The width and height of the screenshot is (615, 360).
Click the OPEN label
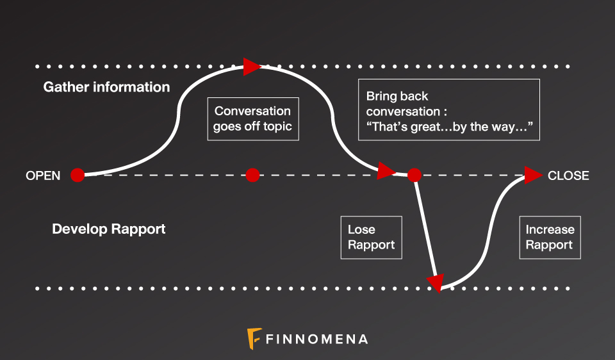pyautogui.click(x=43, y=176)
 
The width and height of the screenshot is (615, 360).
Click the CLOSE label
pyautogui.click(x=568, y=176)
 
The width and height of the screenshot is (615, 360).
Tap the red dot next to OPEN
pyautogui.click(x=78, y=175)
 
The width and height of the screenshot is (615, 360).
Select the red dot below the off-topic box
pyautogui.click(x=252, y=175)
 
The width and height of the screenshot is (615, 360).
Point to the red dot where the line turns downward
pyautogui.click(x=414, y=174)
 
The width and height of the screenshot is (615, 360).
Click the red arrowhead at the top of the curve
pyautogui.click(x=251, y=66)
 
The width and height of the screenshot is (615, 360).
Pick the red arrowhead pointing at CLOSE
pyautogui.click(x=533, y=175)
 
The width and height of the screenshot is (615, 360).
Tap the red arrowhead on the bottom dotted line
pyautogui.click(x=436, y=282)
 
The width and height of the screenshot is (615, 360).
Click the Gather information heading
pyautogui.click(x=106, y=87)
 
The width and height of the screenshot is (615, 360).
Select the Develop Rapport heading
pyautogui.click(x=109, y=229)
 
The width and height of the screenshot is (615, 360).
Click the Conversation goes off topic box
pyautogui.click(x=252, y=119)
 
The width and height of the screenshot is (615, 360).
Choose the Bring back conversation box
pyautogui.click(x=448, y=110)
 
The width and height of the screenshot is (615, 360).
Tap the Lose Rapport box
pyautogui.click(x=372, y=237)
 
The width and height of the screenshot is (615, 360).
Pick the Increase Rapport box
pyautogui.click(x=550, y=237)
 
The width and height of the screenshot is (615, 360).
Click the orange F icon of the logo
pyautogui.click(x=254, y=338)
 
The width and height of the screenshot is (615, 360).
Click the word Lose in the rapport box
pyautogui.click(x=361, y=229)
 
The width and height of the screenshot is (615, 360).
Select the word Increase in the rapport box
pyautogui.click(x=550, y=229)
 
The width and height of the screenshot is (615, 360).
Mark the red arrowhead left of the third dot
pyautogui.click(x=386, y=170)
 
